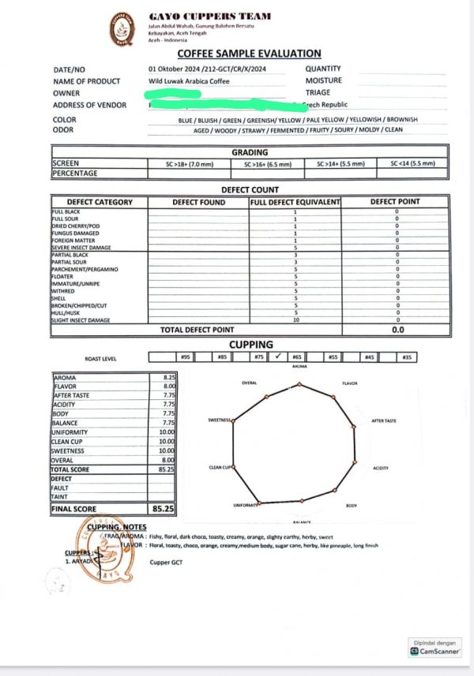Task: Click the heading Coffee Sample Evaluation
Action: click(249, 54)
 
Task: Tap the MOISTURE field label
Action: click(323, 80)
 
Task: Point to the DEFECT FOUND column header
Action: click(198, 202)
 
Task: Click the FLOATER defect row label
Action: click(63, 277)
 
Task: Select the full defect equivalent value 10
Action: click(295, 319)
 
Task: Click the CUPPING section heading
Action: click(251, 345)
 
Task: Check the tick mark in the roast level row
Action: click(277, 357)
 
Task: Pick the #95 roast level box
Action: click(186, 357)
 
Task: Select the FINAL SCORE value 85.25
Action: click(163, 510)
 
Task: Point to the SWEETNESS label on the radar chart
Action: click(219, 420)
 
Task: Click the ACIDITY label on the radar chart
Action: click(380, 468)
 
